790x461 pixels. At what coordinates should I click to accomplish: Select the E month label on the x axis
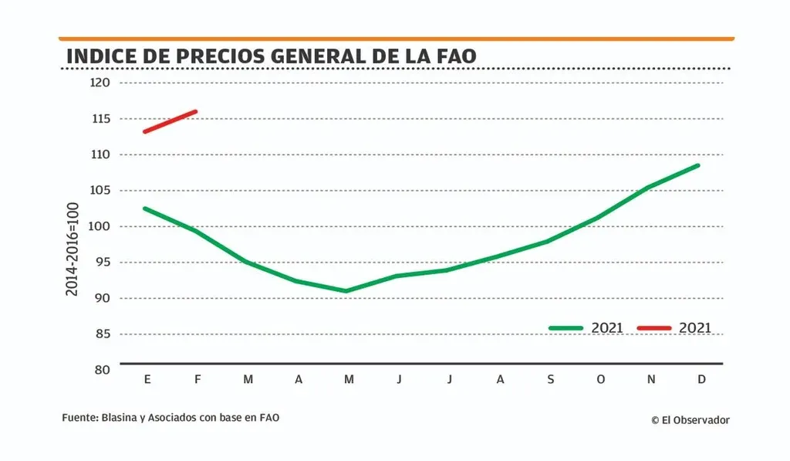tap(147, 379)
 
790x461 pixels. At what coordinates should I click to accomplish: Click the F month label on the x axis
tap(197, 379)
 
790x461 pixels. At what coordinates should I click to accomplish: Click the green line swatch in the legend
tap(565, 328)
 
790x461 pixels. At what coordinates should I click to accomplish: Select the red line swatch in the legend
tap(654, 328)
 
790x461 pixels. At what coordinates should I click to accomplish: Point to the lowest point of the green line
tap(346, 291)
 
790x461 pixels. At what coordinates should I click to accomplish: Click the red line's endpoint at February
tap(197, 111)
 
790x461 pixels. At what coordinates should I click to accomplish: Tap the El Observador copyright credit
tap(690, 420)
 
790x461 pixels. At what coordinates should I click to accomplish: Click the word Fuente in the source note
tap(78, 418)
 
